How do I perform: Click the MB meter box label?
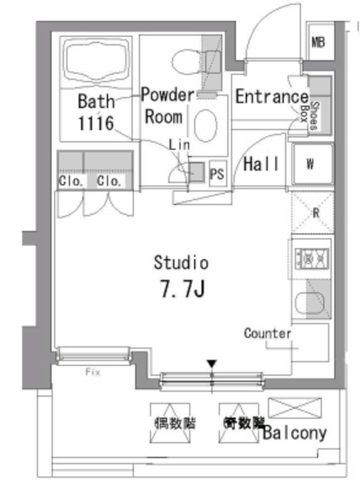(318, 42)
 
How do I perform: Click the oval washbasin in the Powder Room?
(206, 126)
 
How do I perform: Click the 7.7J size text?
(182, 289)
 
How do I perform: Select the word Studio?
(181, 263)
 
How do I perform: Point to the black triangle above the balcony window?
(213, 365)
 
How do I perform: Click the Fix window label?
(93, 372)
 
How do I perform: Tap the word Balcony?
(294, 433)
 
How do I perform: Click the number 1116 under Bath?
(96, 123)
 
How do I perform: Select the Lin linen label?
(180, 145)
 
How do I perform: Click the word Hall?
(261, 164)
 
